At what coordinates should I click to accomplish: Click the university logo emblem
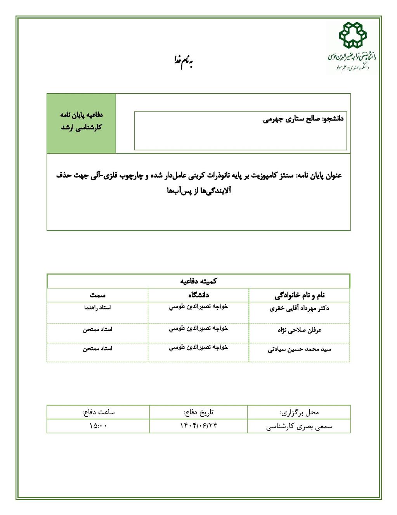click(x=352, y=36)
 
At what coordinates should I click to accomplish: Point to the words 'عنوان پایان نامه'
click(x=319, y=176)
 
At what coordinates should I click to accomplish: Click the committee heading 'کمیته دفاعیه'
click(x=198, y=281)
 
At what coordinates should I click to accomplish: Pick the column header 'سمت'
click(x=97, y=295)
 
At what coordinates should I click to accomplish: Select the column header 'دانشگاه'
click(x=198, y=295)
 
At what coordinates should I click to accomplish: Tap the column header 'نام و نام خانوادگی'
click(x=299, y=296)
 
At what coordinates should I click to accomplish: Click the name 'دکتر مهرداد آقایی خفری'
click(x=299, y=309)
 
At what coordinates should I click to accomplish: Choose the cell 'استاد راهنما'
click(x=97, y=307)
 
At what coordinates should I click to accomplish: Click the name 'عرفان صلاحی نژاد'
click(x=299, y=330)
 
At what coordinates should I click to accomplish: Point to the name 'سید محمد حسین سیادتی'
click(x=299, y=349)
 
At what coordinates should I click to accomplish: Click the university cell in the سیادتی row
click(x=198, y=348)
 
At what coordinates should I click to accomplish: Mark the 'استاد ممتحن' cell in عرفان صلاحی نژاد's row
click(x=97, y=330)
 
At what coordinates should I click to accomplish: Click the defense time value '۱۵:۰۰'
click(x=98, y=426)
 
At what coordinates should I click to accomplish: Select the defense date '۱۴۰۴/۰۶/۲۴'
click(x=198, y=426)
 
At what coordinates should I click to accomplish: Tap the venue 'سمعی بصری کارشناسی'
click(x=299, y=426)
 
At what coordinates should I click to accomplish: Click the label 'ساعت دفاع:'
click(x=98, y=412)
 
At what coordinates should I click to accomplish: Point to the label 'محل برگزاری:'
click(x=299, y=412)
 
